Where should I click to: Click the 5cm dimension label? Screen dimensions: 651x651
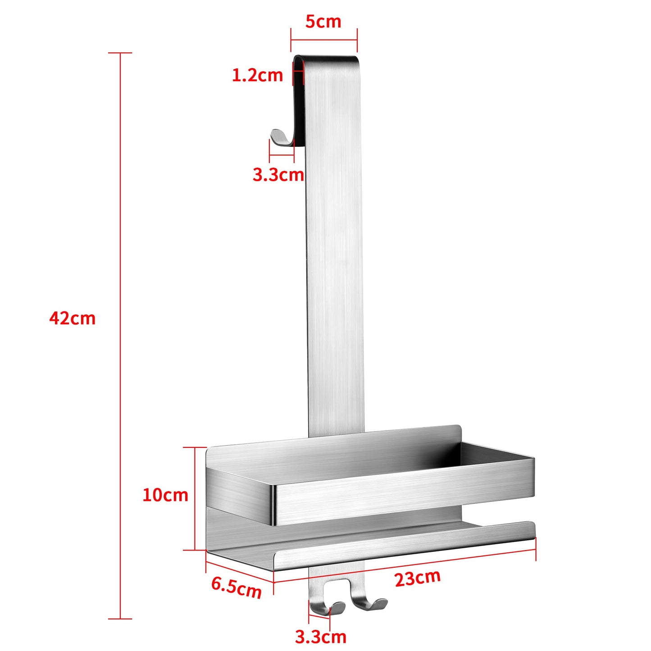(x=323, y=21)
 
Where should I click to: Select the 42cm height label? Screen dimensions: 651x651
(x=73, y=318)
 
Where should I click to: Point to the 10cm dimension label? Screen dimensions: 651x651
(x=165, y=495)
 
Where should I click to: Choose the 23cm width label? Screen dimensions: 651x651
(x=418, y=578)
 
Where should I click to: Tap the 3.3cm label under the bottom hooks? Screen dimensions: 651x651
(x=321, y=637)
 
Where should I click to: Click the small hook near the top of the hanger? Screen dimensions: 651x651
(x=282, y=138)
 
